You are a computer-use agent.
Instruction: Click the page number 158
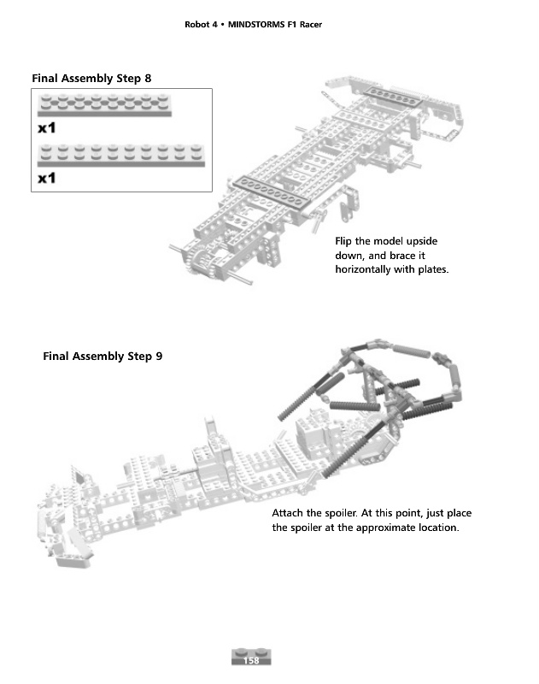[x=251, y=661]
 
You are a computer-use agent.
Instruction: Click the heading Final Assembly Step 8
[x=91, y=78]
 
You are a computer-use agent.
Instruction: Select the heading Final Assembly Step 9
[x=103, y=356]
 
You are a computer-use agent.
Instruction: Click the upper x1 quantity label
[x=47, y=128]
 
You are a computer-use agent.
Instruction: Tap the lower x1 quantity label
[x=47, y=179]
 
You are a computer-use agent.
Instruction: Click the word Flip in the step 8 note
[x=346, y=242]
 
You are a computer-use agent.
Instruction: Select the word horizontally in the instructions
[x=369, y=269]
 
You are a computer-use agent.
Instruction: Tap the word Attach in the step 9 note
[x=289, y=513]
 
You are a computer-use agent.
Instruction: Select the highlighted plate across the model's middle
[x=269, y=192]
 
